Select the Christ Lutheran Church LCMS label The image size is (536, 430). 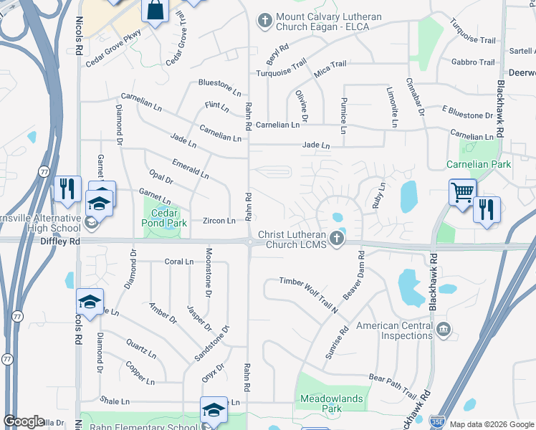(293, 240)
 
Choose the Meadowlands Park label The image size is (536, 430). (332, 403)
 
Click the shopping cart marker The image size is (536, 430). (462, 192)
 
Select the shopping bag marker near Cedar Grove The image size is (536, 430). (155, 11)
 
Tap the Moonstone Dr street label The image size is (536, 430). (209, 272)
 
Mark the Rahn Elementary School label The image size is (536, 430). (143, 428)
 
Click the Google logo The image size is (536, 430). (24, 421)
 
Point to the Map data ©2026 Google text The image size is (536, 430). (492, 424)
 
